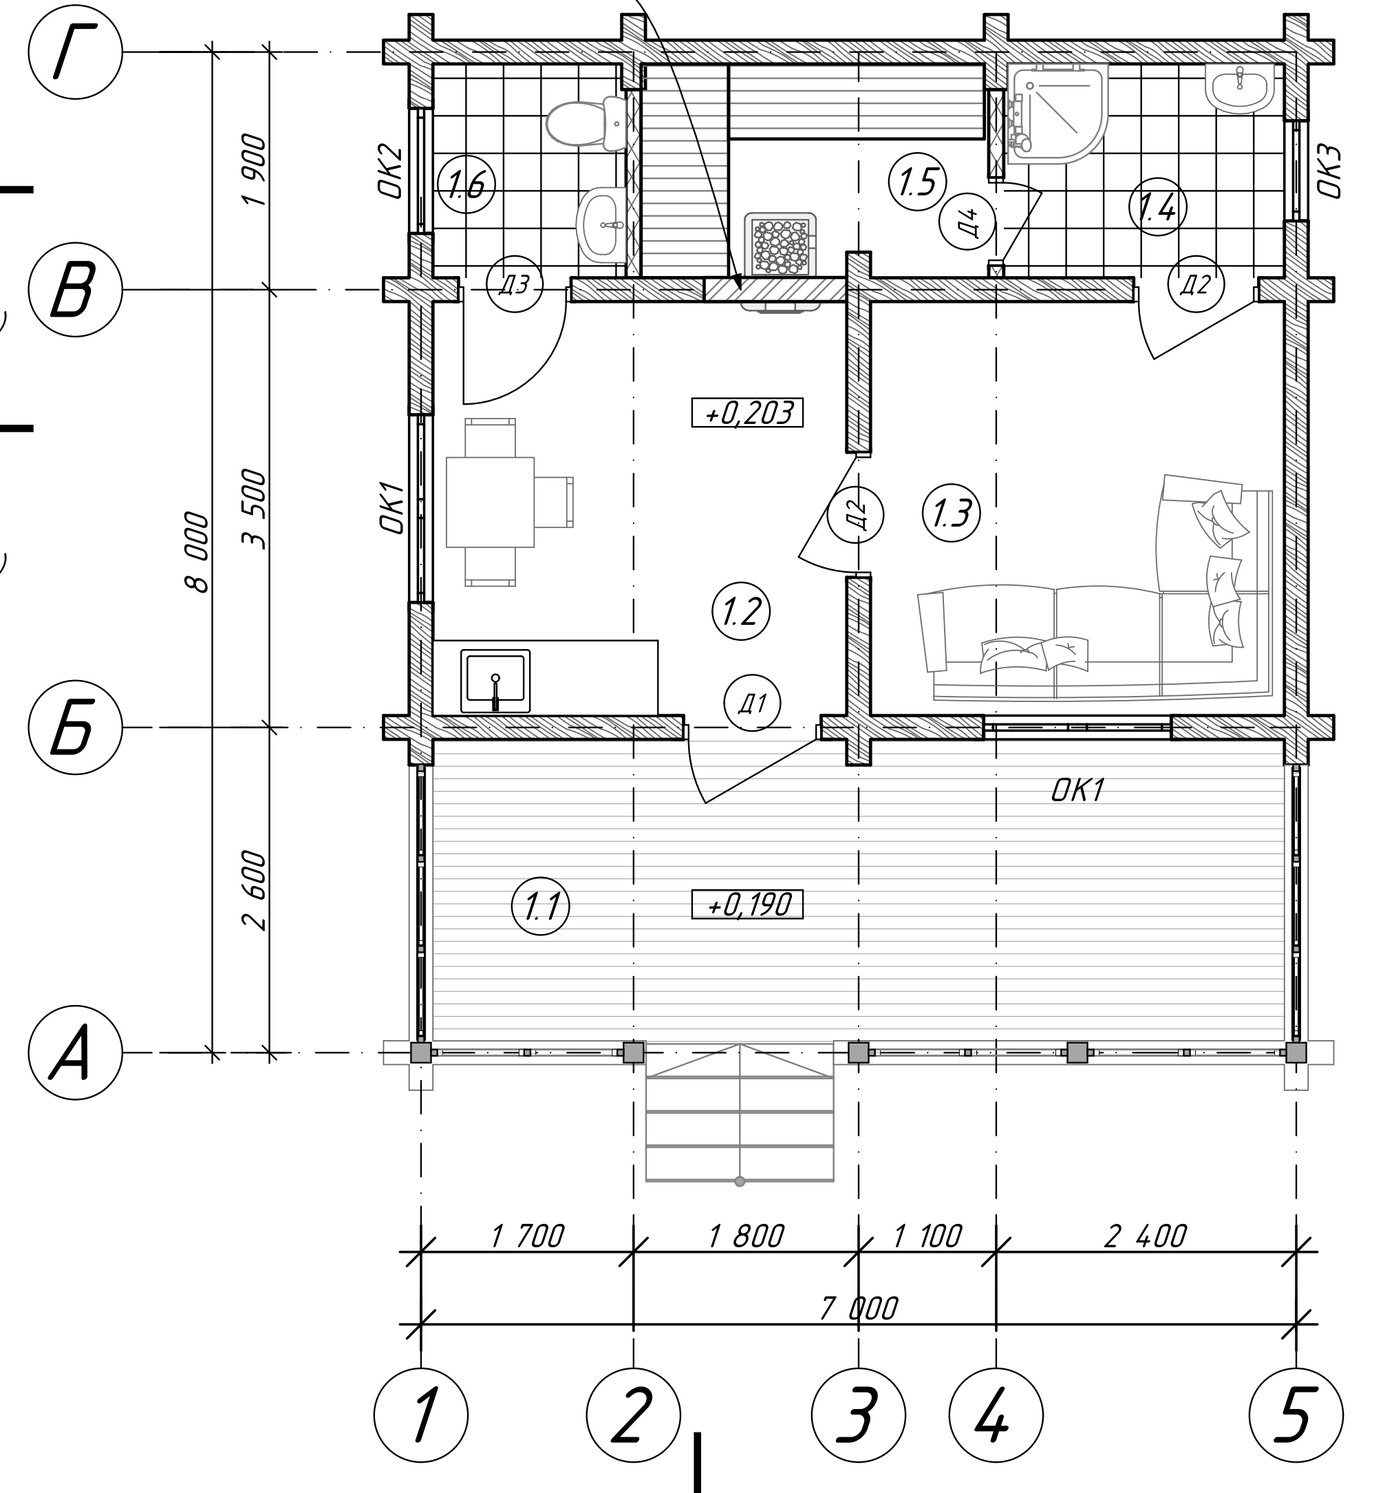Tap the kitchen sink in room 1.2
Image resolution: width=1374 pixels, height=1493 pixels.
coord(495,681)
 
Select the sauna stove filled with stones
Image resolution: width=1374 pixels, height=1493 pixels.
coord(780,245)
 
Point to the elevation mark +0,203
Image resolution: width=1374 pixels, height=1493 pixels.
coord(747,413)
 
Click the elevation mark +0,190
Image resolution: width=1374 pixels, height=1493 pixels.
coord(747,904)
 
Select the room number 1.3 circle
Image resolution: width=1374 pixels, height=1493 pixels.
coord(952,513)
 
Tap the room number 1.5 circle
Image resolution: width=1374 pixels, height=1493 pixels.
coord(917,182)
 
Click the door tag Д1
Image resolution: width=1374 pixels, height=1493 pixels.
coord(753,703)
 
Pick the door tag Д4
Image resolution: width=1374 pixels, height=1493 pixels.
coord(967,221)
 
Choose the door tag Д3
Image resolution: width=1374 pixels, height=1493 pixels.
coord(515,284)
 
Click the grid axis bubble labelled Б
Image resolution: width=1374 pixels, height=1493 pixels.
coord(75,728)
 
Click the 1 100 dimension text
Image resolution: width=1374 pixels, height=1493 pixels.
coord(927,1236)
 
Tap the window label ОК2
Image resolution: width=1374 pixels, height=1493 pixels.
coord(391,171)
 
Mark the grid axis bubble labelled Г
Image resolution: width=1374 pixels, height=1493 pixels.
coord(75,52)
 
